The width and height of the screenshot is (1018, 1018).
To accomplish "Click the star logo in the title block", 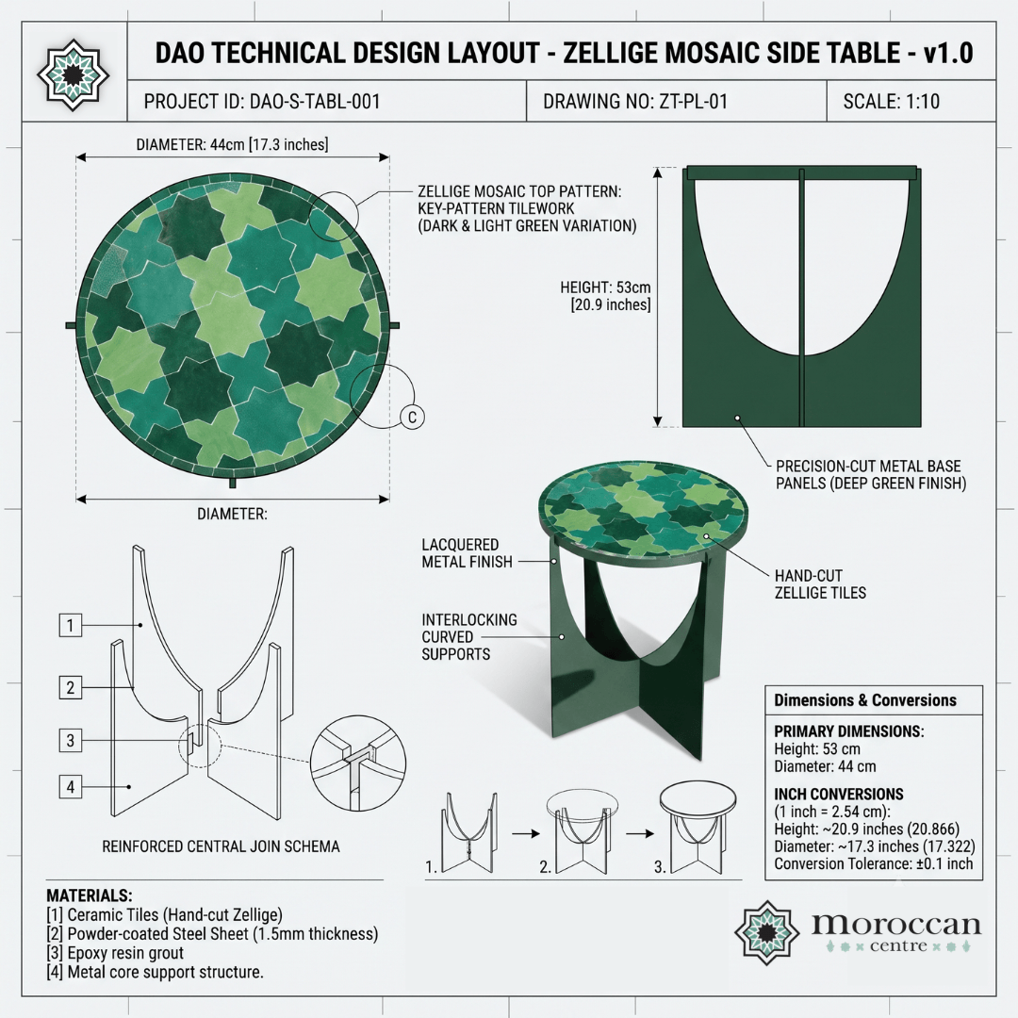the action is click(73, 74).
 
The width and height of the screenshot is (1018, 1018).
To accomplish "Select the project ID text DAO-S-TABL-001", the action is click(315, 101).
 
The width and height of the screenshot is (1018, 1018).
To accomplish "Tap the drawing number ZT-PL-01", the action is click(694, 101).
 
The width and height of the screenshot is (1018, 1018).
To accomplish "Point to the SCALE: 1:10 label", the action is click(892, 101).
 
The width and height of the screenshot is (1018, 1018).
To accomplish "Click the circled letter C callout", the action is click(412, 417).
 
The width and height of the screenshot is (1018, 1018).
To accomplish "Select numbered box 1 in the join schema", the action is click(70, 625).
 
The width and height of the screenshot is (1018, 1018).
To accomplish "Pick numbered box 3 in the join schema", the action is click(70, 740).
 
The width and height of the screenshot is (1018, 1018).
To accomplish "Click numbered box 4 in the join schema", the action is click(70, 787).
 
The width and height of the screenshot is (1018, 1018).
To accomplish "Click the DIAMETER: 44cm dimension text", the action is click(232, 144).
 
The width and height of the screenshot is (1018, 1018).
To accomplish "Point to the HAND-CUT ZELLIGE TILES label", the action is click(820, 584).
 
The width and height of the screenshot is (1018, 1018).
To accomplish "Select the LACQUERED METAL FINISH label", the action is click(467, 553).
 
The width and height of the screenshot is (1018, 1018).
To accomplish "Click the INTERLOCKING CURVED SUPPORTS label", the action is click(469, 637).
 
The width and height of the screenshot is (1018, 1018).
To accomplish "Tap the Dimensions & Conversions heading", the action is click(864, 700).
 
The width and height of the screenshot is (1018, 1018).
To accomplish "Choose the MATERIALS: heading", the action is click(89, 895).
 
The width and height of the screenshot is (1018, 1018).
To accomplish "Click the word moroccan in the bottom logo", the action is click(896, 924).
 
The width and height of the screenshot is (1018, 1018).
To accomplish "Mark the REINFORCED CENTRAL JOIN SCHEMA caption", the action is click(221, 846).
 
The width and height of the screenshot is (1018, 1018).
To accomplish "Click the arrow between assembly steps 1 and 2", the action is click(526, 833).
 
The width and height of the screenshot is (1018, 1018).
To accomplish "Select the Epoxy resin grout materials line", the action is click(115, 953).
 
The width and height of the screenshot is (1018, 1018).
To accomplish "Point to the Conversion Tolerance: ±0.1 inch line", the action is click(873, 864).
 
